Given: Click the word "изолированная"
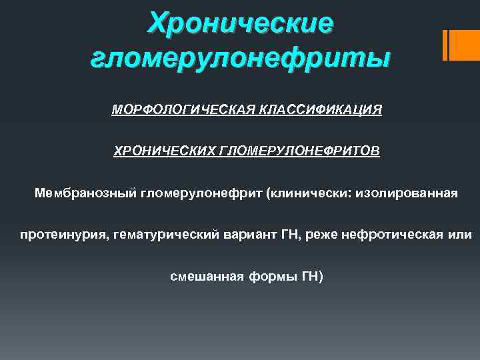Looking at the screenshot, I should (407, 194).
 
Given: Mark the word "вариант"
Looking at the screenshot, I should (251, 235).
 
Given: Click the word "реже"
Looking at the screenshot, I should (319, 235).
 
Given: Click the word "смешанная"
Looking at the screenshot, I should (198, 276).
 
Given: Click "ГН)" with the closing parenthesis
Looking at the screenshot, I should (302, 276).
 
